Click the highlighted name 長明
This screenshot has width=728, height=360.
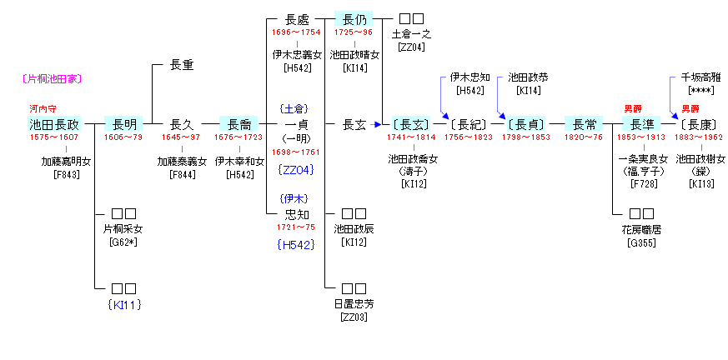(x=128, y=124)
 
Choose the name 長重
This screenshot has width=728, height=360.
(x=182, y=64)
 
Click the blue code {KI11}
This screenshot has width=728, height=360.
(x=122, y=304)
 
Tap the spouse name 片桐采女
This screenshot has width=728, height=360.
(x=123, y=229)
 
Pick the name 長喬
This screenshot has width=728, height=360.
(x=239, y=124)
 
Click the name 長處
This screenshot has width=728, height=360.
(x=297, y=18)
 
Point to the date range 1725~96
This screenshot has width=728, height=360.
(x=353, y=32)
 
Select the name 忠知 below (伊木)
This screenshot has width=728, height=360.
(x=297, y=214)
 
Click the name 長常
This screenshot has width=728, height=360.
(x=585, y=124)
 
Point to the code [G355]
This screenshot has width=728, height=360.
(x=641, y=242)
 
